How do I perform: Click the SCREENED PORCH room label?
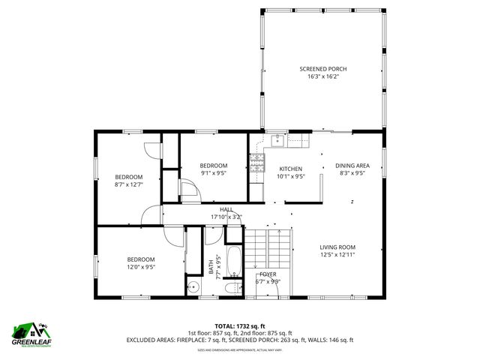(322, 69)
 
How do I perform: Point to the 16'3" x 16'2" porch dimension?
(322, 76)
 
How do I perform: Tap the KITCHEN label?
(290, 169)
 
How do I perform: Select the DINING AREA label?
(352, 166)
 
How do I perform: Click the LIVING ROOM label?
(337, 247)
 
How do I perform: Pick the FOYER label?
(268, 274)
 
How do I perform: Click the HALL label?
(226, 210)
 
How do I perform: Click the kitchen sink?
(277, 139)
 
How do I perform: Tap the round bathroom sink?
(193, 286)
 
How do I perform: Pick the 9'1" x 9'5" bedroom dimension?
(213, 173)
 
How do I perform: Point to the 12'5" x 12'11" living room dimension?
(337, 254)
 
